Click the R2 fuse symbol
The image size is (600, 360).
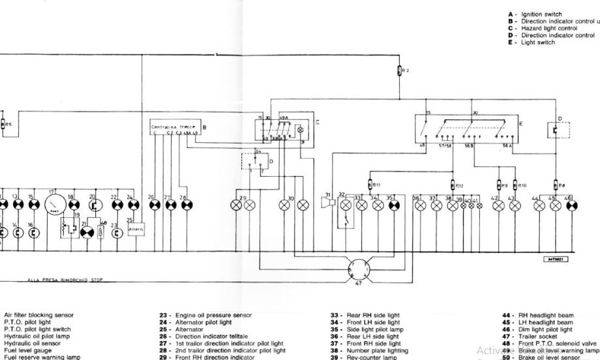point(399,70)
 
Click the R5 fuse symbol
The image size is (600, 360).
point(3,123)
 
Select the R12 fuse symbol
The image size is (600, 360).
point(455,185)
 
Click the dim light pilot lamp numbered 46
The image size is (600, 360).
point(572,204)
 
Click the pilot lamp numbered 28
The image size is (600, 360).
point(185,204)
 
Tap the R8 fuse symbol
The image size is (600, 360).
point(556,185)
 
